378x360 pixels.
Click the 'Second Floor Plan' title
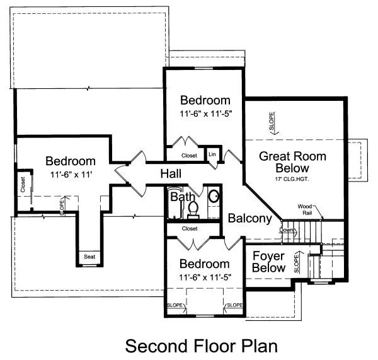pos(201,346)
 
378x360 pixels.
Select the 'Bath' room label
pos(181,198)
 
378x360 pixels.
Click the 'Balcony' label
pos(249,219)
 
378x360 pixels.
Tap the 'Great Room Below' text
pos(283,162)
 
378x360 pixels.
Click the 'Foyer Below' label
pos(268,262)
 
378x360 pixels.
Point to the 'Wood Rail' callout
pos(306,209)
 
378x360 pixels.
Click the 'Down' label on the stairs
pos(287,231)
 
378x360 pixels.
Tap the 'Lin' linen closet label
pos(212,154)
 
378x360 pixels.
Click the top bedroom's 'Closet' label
pos(189,155)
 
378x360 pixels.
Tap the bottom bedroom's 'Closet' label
pos(189,228)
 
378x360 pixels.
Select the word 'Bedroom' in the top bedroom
pos(205,101)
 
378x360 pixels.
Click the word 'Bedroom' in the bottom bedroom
pos(204,264)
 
